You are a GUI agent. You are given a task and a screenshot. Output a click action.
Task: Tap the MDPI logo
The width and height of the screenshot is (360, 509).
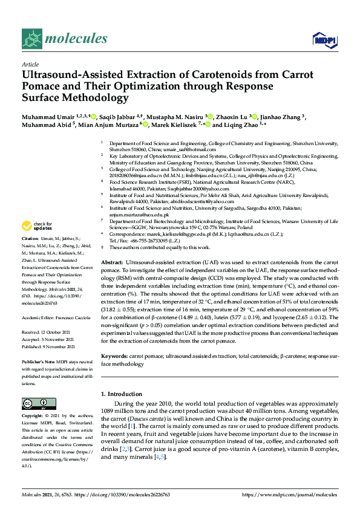coord(321,40)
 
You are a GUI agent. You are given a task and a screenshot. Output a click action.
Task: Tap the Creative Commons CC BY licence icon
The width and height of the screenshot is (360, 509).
coord(35,404)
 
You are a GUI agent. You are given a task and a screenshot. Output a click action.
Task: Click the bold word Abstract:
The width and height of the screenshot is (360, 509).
coord(112,263)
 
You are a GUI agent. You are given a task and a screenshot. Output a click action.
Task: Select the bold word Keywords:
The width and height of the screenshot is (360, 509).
coord(115,357)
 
